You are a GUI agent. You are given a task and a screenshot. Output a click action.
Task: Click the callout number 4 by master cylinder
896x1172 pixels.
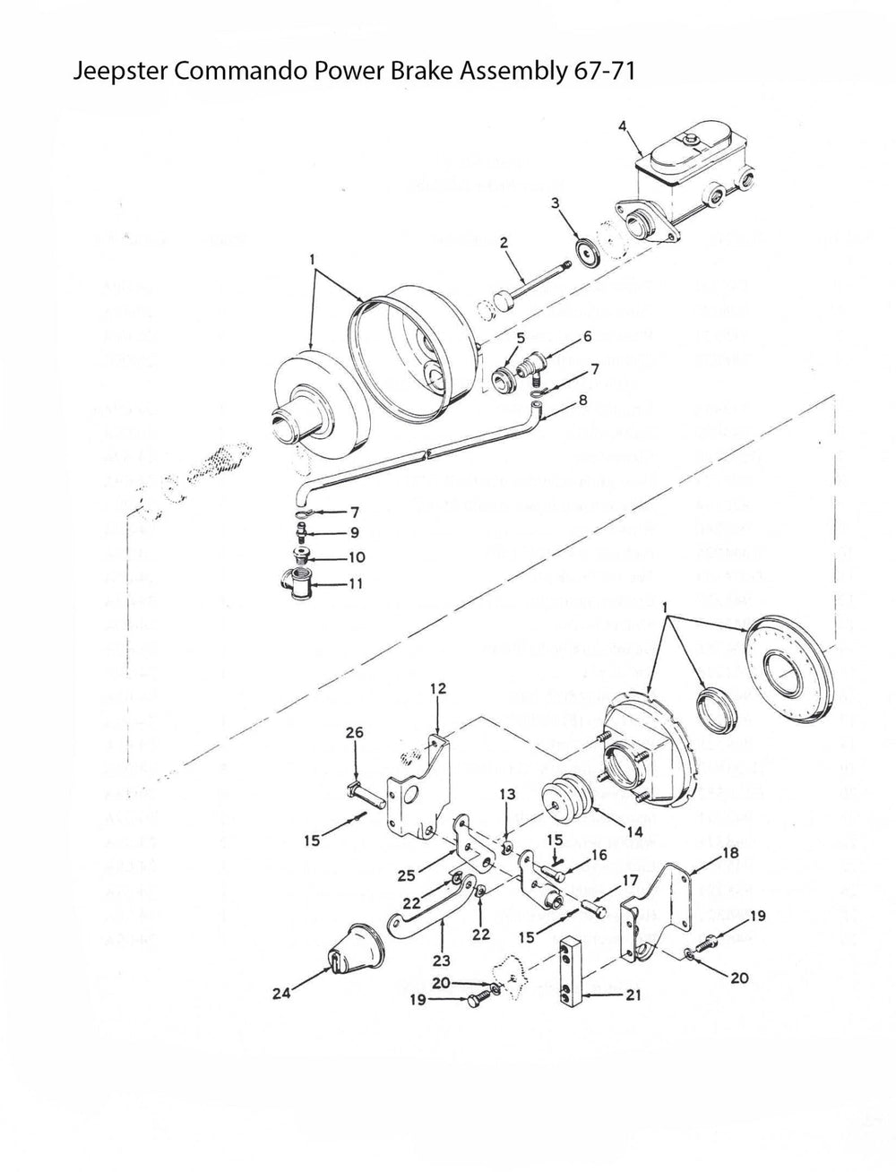coord(622,126)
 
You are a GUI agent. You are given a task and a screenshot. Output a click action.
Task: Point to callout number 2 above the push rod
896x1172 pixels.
coord(504,243)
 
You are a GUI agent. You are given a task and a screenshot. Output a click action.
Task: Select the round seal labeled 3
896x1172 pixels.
coord(589,253)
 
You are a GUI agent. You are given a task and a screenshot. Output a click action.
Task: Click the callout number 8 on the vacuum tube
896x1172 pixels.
coord(582,401)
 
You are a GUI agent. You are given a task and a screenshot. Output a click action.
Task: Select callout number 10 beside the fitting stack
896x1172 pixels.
coord(355,557)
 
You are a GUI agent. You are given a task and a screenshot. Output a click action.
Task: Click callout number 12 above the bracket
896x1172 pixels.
coord(437,688)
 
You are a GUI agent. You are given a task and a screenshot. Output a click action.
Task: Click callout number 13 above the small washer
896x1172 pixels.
coord(508,793)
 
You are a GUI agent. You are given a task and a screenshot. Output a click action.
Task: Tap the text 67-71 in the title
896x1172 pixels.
coord(602,73)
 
